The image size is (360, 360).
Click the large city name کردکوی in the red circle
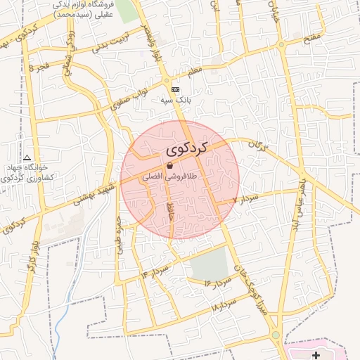[x=188, y=149]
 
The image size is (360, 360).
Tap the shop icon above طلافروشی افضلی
[x=171, y=165]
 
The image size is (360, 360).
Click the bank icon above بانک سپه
[x=175, y=89]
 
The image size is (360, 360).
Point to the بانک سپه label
[x=175, y=101]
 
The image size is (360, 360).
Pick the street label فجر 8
[x=39, y=66]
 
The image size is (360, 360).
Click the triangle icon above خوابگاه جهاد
[x=27, y=157]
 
